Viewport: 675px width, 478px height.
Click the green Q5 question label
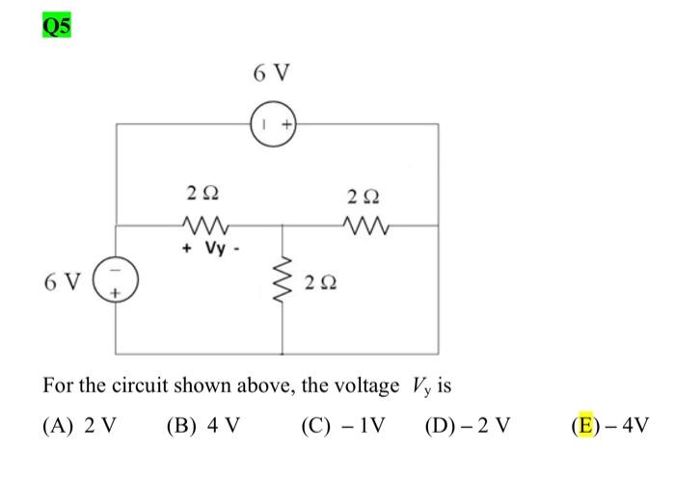coord(57,26)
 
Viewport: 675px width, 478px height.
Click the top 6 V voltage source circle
coord(273,124)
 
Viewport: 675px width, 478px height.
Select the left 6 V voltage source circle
coord(118,281)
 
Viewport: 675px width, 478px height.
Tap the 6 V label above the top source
coord(272,73)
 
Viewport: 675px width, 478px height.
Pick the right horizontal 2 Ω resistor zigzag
coord(364,228)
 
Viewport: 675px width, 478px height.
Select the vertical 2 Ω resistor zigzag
coord(283,280)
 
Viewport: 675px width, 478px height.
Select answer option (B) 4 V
coord(202,425)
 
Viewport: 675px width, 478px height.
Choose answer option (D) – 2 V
coord(469,425)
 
